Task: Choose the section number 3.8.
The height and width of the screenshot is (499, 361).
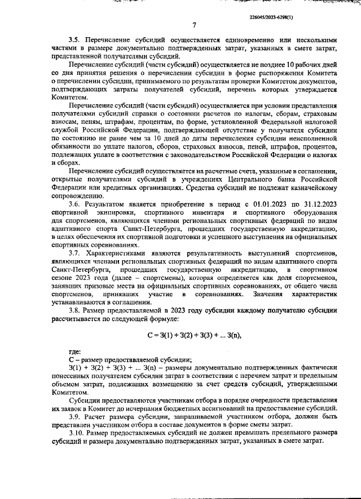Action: (75, 309)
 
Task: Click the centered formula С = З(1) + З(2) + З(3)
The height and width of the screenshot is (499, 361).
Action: (193, 336)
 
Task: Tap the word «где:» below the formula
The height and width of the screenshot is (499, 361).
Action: (75, 352)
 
